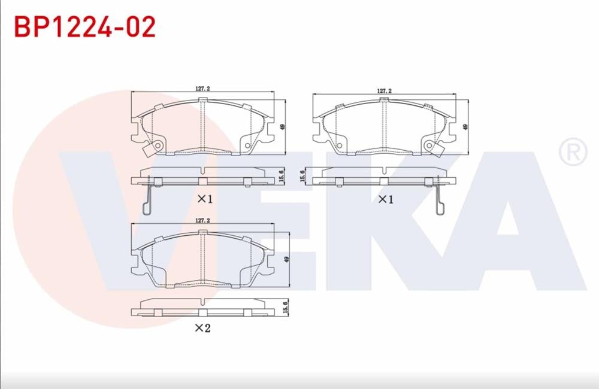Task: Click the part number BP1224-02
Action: pyautogui.click(x=84, y=27)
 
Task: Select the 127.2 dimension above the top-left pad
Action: pyautogui.click(x=202, y=89)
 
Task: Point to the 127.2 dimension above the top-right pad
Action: pyautogui.click(x=384, y=91)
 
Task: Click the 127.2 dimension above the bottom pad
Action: pyautogui.click(x=202, y=220)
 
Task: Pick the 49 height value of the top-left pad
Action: pyautogui.click(x=282, y=127)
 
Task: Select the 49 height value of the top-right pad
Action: pyautogui.click(x=465, y=127)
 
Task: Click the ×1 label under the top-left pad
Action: pyautogui.click(x=205, y=199)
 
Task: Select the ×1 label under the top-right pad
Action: pyautogui.click(x=385, y=199)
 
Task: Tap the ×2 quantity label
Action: pyautogui.click(x=202, y=328)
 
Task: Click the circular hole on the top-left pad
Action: pyautogui.click(x=158, y=145)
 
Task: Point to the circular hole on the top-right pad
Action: pyautogui.click(x=429, y=145)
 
